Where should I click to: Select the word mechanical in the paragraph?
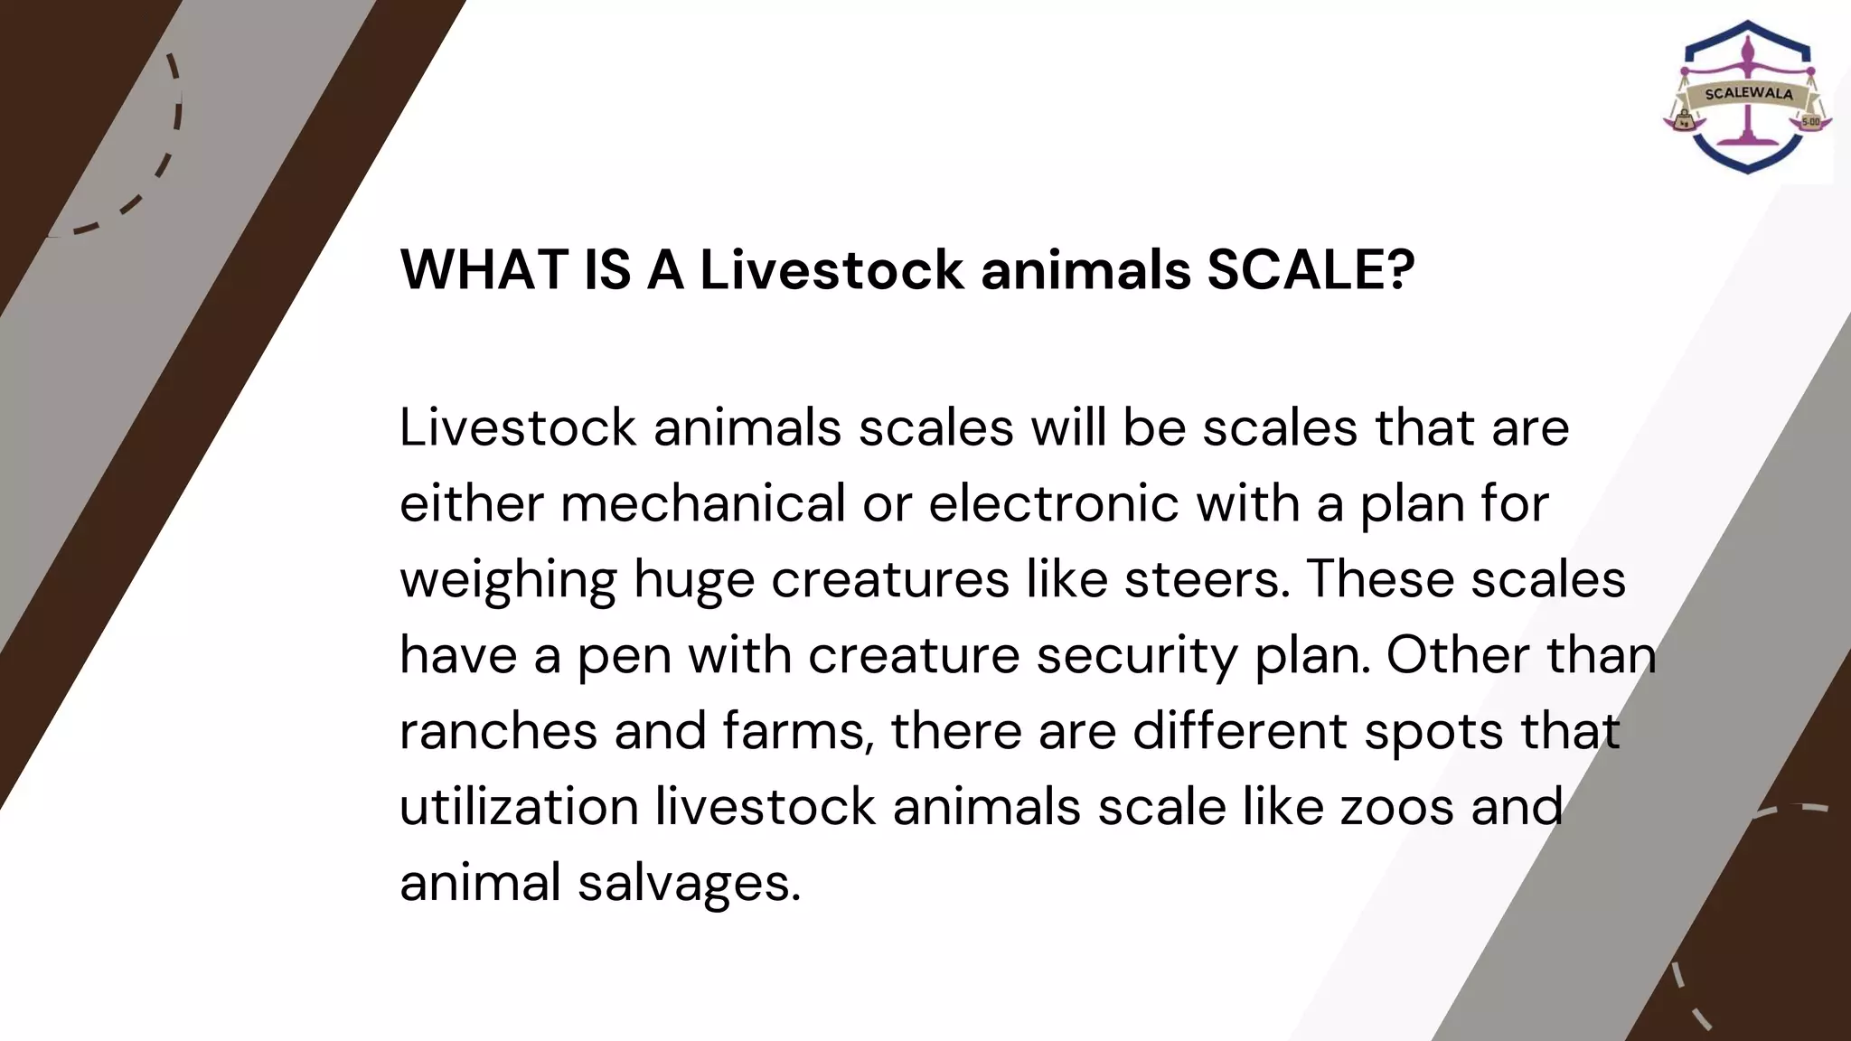702,503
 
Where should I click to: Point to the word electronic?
1054,503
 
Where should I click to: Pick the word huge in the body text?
693,580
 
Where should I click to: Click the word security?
1136,656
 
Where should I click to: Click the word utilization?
519,806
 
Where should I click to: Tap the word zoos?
1396,806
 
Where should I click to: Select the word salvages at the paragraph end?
689,884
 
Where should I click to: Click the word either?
471,503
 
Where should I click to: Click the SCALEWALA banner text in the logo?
1748,94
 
